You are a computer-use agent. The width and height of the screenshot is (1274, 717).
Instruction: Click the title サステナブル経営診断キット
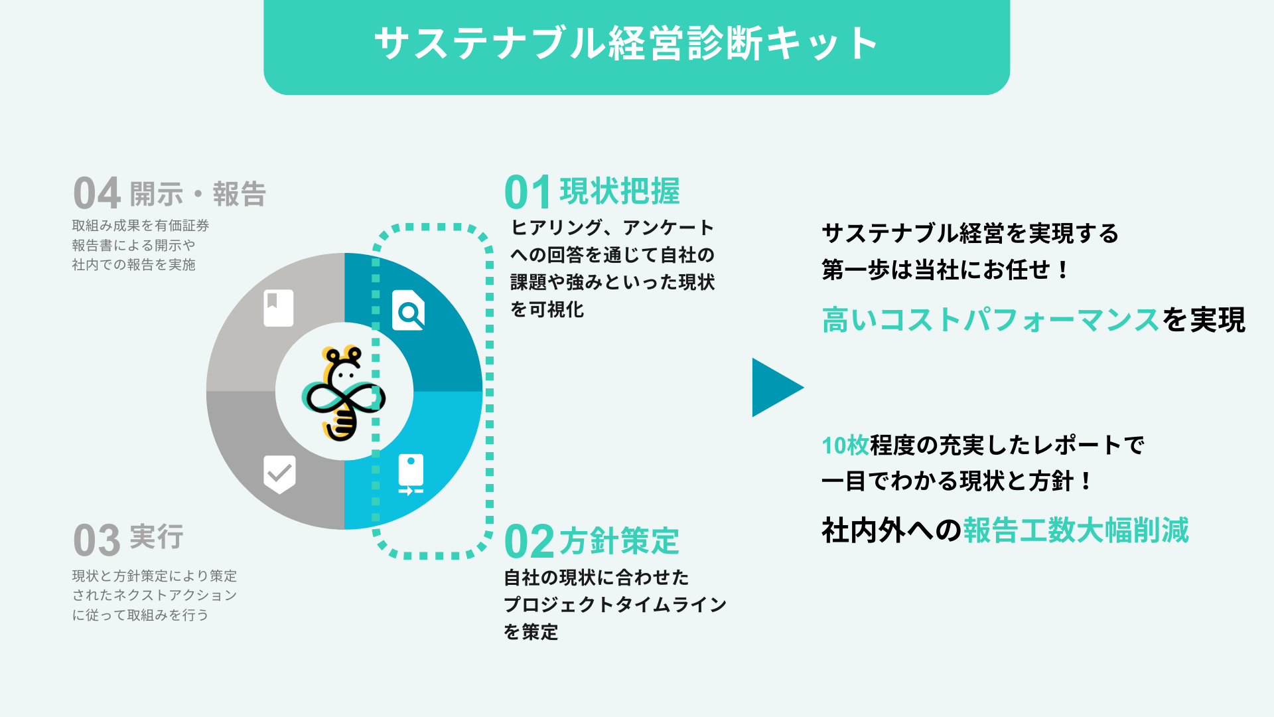[x=626, y=44]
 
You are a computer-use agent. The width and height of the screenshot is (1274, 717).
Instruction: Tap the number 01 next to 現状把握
[x=528, y=193]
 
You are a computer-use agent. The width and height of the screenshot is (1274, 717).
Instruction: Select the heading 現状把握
[x=620, y=192]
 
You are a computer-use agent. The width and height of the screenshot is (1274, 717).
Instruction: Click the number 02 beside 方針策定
[x=529, y=542]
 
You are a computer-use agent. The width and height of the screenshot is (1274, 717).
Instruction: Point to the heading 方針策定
[x=619, y=541]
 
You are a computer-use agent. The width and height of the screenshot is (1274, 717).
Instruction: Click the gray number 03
[x=97, y=540]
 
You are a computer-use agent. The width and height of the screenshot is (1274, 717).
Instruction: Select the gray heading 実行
[x=157, y=537]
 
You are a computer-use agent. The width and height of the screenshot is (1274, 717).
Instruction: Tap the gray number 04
[x=97, y=193]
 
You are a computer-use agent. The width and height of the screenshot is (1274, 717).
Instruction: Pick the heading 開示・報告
[x=198, y=195]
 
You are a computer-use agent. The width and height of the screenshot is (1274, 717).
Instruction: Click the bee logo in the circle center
[x=344, y=392]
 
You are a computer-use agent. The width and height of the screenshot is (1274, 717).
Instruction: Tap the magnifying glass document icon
[x=408, y=310]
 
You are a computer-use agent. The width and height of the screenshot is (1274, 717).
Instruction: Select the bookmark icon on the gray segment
[x=278, y=307]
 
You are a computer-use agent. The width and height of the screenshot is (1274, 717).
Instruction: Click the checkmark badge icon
[x=279, y=474]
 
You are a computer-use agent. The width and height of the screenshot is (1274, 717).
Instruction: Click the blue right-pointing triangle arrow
[x=775, y=388]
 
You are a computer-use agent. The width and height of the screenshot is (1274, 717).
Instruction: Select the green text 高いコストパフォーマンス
[x=991, y=320]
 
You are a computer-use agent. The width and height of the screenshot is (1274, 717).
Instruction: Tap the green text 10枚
[x=845, y=445]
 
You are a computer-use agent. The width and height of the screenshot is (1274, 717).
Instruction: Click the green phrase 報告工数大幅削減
[x=1076, y=530]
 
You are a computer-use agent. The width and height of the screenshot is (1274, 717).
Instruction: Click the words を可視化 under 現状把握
[x=547, y=309]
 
